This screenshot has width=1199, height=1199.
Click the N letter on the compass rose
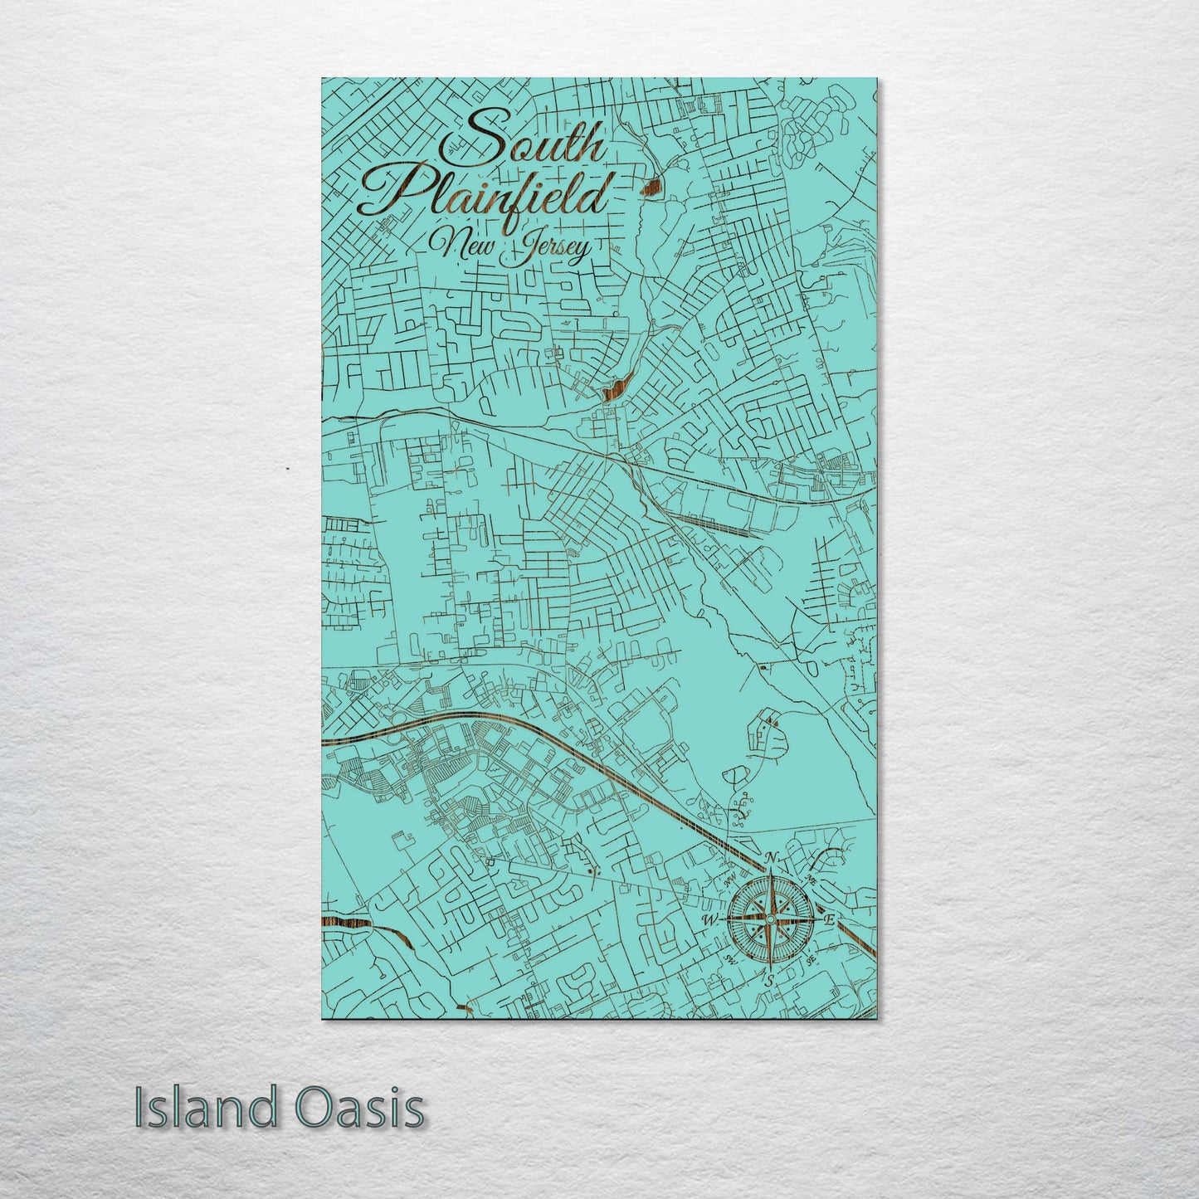pyautogui.click(x=772, y=858)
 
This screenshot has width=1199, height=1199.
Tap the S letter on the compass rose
pyautogui.click(x=770, y=981)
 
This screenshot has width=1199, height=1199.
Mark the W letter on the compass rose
pyautogui.click(x=710, y=920)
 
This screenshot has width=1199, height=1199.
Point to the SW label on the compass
pyautogui.click(x=730, y=958)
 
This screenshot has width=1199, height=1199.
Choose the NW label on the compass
pyautogui.click(x=731, y=880)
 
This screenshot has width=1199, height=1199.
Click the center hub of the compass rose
pyautogui.click(x=770, y=919)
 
